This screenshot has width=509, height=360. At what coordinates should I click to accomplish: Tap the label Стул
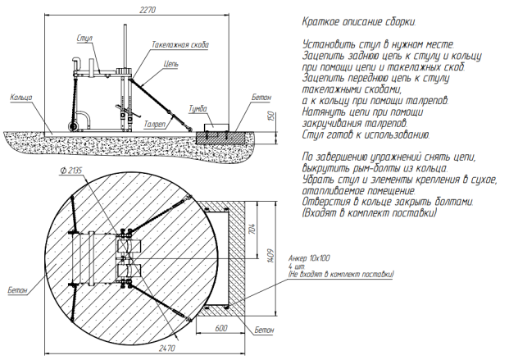[84, 38]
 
